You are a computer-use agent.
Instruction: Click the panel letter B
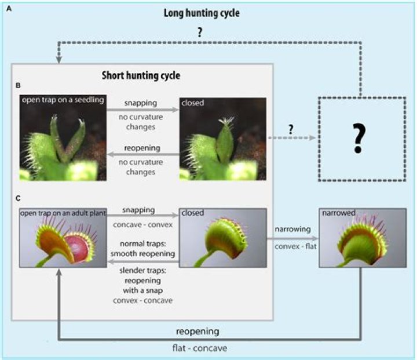18,85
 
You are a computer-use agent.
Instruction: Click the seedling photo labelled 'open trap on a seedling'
63,137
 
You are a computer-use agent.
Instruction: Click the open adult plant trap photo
63,238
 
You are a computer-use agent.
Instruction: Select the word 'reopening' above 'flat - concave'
199,331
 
